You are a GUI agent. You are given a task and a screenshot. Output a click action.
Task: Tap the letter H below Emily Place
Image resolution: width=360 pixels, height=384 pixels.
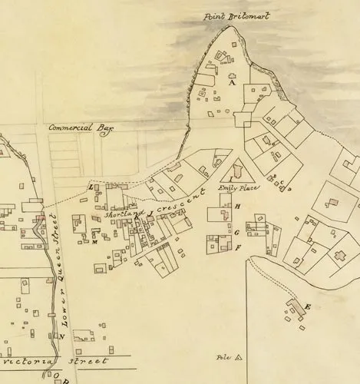pos(238,207)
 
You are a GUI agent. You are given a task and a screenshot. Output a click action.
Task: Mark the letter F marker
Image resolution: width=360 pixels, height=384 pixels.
pos(238,247)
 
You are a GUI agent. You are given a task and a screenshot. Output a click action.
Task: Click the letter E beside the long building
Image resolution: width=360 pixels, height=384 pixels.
pos(308,307)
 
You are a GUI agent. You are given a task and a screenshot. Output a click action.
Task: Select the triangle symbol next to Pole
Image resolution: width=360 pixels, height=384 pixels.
pos(239,357)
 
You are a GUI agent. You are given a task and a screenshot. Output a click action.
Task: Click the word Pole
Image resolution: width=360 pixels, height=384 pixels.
pos(224,357)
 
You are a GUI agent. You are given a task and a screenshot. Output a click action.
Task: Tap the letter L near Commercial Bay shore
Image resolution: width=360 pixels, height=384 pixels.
pos(91,187)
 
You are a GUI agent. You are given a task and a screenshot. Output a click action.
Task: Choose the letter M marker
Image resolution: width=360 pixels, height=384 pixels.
pos(93,242)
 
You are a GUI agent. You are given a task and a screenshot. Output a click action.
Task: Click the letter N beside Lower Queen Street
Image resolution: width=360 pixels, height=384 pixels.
pos(61,336)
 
